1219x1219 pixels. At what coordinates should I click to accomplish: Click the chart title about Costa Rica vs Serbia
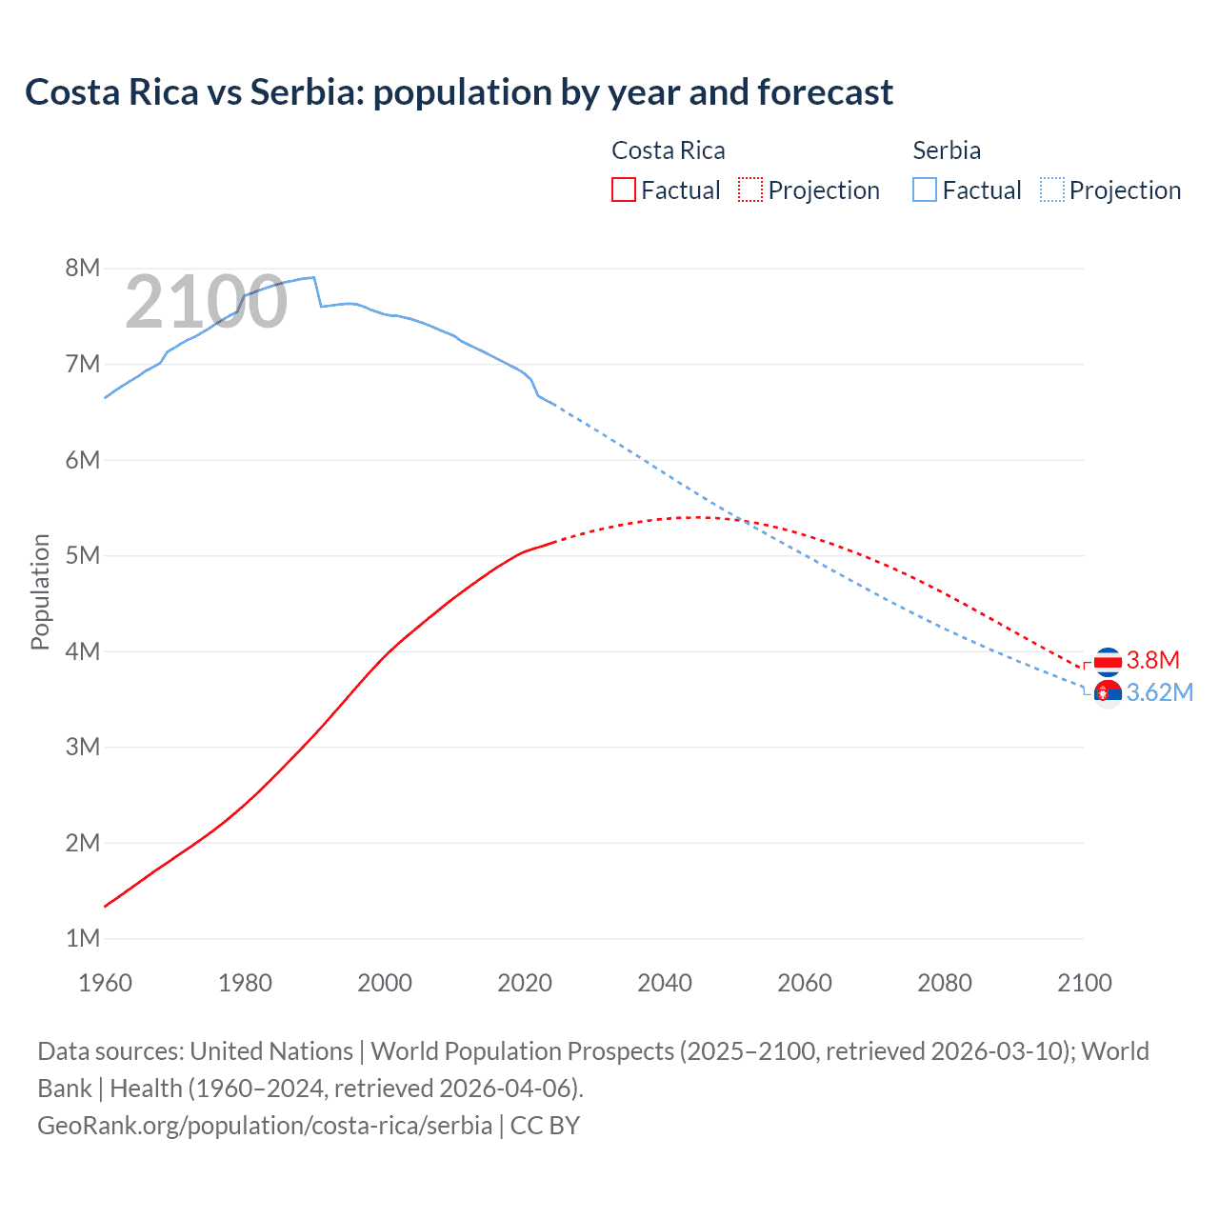458,92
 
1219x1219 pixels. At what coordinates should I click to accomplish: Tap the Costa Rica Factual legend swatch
623,190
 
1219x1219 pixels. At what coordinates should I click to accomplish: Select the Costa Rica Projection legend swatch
749,190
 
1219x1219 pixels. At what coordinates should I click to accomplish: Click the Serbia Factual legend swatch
924,190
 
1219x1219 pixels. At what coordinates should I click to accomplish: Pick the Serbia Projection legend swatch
1051,190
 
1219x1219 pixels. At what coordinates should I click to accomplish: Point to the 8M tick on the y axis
83,268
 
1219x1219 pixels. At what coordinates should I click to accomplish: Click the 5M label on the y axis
83,555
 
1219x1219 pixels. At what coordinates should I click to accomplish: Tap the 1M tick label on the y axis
83,938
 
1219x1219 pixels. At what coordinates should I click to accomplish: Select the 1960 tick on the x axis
105,983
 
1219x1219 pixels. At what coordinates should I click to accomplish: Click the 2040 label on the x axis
665,983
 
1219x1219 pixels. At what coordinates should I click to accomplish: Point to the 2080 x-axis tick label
945,983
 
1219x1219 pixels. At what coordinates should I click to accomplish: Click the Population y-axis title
40,591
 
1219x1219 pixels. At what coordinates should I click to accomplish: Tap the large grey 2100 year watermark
206,302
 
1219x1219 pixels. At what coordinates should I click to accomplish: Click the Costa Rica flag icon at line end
1108,661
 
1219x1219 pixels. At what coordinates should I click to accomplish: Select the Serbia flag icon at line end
1108,693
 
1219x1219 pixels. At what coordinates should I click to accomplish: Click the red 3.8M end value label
1153,660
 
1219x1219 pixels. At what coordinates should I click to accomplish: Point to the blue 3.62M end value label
1160,692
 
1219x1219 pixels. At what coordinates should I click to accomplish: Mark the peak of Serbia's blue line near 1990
313,277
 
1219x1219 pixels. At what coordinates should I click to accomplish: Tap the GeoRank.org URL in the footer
265,1125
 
